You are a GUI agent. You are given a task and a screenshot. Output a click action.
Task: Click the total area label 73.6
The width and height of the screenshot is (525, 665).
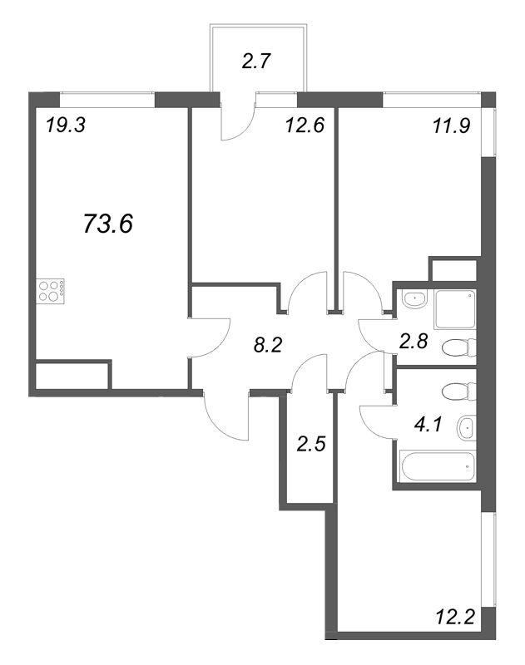108,224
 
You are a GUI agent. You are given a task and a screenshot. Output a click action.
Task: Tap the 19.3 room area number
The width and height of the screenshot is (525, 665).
66,126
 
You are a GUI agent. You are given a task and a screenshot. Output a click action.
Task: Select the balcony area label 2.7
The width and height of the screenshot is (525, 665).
256,62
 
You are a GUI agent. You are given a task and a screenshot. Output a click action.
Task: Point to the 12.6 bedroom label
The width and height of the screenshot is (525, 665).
305,126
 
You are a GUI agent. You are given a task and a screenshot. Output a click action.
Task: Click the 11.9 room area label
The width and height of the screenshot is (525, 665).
451,126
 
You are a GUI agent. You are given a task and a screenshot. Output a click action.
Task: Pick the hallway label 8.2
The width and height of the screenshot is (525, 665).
267,346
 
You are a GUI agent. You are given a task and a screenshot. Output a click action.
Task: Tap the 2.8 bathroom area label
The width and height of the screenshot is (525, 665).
413,341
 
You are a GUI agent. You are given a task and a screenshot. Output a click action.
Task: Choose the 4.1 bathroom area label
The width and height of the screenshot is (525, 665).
428,424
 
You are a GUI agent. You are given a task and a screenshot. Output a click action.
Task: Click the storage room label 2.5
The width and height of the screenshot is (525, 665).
311,444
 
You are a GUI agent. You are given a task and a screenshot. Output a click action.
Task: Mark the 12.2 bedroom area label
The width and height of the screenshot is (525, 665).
454,616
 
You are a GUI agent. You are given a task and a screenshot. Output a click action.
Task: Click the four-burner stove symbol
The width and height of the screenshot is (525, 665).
51,291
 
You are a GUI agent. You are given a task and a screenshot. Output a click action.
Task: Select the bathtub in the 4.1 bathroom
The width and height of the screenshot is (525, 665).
437,467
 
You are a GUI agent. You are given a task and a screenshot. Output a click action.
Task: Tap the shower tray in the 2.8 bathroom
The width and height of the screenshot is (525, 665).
454,309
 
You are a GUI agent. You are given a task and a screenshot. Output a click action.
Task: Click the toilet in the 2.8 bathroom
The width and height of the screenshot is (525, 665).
458,347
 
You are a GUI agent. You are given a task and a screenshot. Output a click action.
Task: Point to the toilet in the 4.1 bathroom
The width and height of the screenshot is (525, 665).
458,392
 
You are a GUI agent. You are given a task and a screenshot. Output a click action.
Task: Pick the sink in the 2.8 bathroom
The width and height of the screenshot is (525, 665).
414,300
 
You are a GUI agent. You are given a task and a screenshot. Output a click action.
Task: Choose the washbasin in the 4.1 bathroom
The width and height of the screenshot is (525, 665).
466,428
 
